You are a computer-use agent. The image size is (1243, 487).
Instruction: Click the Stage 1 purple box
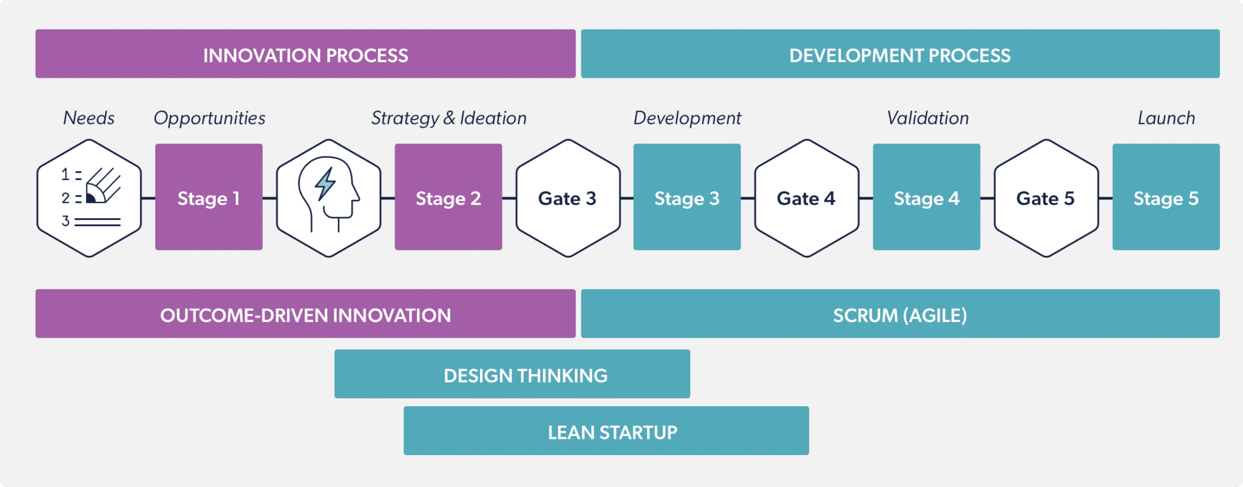pyautogui.click(x=209, y=197)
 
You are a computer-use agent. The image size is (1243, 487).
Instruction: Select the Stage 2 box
pyautogui.click(x=448, y=197)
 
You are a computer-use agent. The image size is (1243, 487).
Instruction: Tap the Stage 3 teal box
pyautogui.click(x=686, y=197)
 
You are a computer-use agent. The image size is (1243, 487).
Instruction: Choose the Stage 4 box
pyautogui.click(x=926, y=197)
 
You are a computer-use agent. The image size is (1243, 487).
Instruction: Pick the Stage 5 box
pyautogui.click(x=1165, y=197)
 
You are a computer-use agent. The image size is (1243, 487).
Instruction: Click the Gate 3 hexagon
pyautogui.click(x=568, y=198)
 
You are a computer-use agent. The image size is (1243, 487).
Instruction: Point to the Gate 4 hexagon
pyautogui.click(x=807, y=198)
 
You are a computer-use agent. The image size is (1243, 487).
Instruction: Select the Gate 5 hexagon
pyautogui.click(x=1046, y=198)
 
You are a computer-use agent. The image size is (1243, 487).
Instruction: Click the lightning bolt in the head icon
pyautogui.click(x=325, y=184)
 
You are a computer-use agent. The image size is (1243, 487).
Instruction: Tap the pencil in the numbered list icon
pyautogui.click(x=103, y=186)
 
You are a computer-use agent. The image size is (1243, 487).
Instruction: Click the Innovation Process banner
pyautogui.click(x=305, y=54)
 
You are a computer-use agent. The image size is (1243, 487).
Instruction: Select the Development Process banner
pyautogui.click(x=900, y=54)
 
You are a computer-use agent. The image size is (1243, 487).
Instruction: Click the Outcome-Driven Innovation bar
pyautogui.click(x=305, y=314)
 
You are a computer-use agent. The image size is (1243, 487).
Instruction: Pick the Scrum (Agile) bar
pyautogui.click(x=900, y=314)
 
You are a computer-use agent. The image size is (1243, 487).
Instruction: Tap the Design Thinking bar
pyautogui.click(x=512, y=374)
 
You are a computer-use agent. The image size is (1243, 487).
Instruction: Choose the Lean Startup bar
pyautogui.click(x=606, y=431)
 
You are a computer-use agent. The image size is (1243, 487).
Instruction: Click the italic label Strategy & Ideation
pyautogui.click(x=449, y=118)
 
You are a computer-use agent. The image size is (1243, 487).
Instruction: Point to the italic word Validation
pyautogui.click(x=927, y=118)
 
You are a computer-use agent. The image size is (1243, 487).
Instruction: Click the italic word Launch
pyautogui.click(x=1166, y=118)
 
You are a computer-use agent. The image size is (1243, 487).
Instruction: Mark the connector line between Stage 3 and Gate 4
pyautogui.click(x=748, y=198)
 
